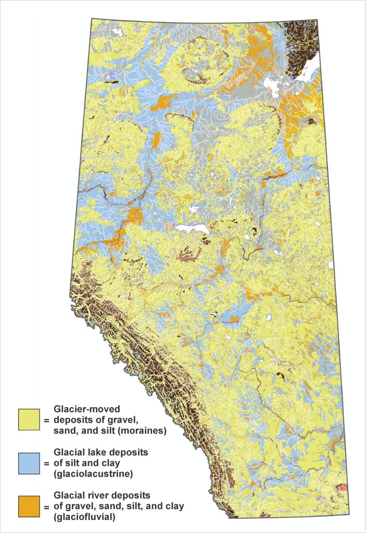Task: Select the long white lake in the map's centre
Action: coord(193,229)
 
